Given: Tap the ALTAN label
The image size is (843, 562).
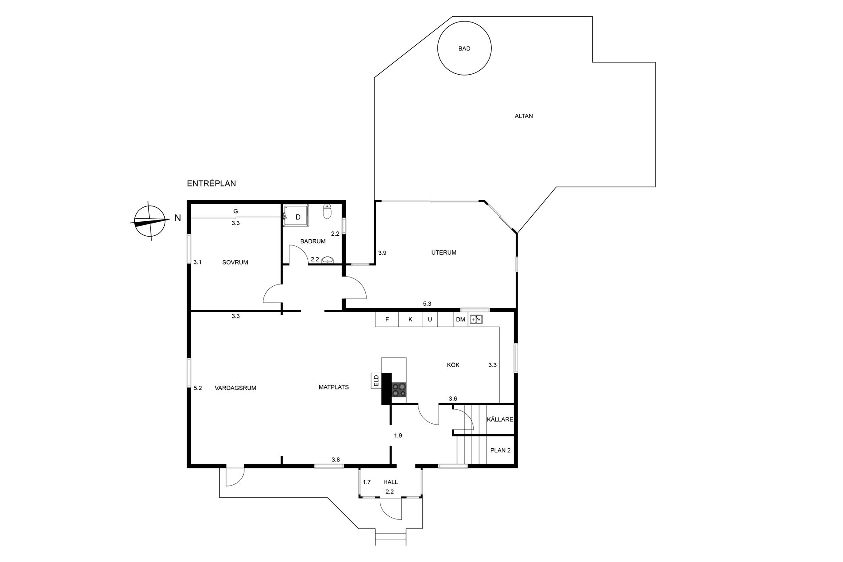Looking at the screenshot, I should coord(523,116).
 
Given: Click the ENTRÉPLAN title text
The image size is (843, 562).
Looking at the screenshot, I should coord(211,184).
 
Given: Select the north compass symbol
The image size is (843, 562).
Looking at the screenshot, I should coord(150,221).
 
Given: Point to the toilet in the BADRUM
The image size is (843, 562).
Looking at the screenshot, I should coord(327,211).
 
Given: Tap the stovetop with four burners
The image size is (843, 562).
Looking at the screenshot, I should coord(399,390).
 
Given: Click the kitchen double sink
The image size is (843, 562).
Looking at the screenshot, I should coord(476,319).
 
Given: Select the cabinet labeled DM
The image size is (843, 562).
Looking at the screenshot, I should coord(460,320).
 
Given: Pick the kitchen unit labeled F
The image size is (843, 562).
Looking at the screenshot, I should coord(387,320).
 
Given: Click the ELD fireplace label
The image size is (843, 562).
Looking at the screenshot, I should coord(376,381).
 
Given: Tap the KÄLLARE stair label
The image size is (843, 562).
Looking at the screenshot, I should coord(500,419).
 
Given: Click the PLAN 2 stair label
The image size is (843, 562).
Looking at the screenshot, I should coord(500,450).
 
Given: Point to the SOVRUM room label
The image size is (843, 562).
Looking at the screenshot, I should coord(235,263).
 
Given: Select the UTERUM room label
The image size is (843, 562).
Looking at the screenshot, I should coord(443,252).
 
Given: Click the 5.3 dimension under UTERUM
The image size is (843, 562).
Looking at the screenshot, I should coord(427,304).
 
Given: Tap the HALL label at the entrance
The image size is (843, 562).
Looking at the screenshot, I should coord(390,482).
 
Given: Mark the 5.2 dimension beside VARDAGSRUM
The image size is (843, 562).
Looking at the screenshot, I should coord(198,388).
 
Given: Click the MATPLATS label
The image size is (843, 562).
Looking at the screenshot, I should coord(333,387).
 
